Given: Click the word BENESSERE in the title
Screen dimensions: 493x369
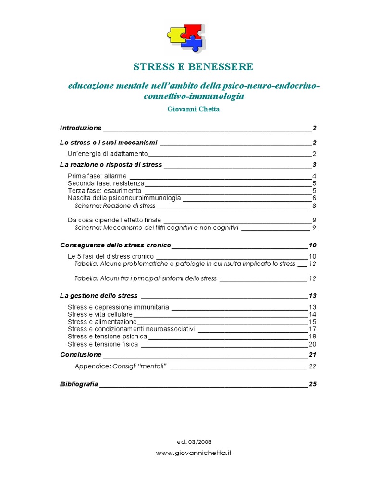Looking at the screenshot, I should pos(224,66).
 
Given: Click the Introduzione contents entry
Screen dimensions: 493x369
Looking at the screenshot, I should pos(81,128).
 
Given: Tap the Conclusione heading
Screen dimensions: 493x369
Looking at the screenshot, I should pos(81,355).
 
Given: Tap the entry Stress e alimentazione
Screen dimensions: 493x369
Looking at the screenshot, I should pos(102,322).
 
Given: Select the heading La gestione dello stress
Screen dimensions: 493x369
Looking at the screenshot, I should pos(99,296).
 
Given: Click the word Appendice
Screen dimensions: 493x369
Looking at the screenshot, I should pos(90,366).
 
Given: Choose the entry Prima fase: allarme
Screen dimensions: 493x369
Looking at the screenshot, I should pos(97,176).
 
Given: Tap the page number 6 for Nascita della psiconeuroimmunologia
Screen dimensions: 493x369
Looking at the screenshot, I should pos(314,198).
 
